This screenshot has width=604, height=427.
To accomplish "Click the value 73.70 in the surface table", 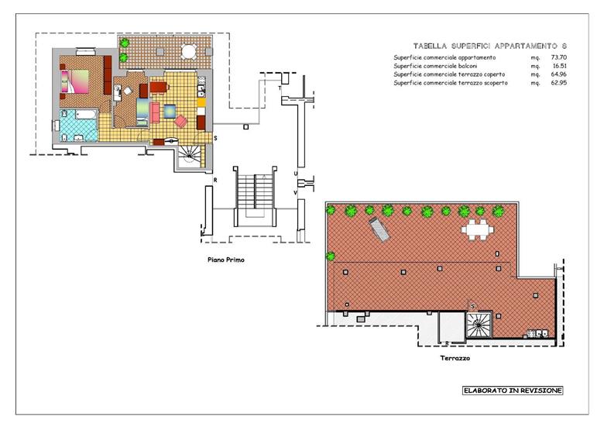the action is point(559,57).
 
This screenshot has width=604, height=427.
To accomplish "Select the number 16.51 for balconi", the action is point(560,66).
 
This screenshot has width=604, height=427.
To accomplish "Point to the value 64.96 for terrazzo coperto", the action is point(559,74).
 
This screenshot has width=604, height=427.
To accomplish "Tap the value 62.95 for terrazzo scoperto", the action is point(559,83).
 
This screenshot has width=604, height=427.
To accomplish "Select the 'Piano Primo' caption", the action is point(226,260).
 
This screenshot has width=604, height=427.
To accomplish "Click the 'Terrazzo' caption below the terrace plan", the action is point(455,358).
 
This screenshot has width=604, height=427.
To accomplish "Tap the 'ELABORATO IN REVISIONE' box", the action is point(513,391).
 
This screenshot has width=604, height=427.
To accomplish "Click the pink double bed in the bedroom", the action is point(75,81).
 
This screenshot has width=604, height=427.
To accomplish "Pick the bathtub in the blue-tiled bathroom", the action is point(86,115).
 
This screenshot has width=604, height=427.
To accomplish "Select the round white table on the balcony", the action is point(189,52).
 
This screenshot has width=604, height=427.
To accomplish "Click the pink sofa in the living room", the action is point(155,112).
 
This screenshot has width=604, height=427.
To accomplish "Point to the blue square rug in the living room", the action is point(170,112).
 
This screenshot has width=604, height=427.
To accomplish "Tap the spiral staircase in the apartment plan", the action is point(189,155).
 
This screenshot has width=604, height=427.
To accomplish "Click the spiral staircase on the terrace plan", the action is point(479,325).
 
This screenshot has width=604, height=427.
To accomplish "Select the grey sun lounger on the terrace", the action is point(379,229).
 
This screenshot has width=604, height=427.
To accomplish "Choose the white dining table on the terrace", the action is point(478,230).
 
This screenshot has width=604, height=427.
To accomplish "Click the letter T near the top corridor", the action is point(280,88).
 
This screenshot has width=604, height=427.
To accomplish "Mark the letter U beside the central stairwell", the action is point(296,174).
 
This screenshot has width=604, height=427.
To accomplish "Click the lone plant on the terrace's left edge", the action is point(330,256).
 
